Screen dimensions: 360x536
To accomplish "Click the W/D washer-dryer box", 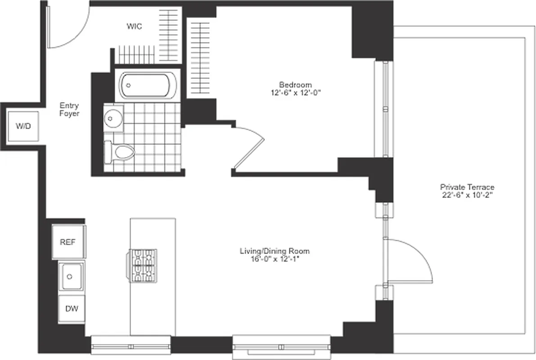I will pyautogui.click(x=23, y=126).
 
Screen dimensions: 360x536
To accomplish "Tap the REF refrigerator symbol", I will pyautogui.click(x=68, y=242).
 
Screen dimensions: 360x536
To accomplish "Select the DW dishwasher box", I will pyautogui.click(x=72, y=309).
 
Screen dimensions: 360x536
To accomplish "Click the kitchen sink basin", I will pyautogui.click(x=72, y=276).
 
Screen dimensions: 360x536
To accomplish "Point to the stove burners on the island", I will pyautogui.click(x=143, y=265).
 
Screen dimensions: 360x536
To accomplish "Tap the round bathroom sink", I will pyautogui.click(x=111, y=118).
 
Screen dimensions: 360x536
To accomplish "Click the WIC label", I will pyautogui.click(x=134, y=27).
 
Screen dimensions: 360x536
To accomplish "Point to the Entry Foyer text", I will pyautogui.click(x=69, y=110).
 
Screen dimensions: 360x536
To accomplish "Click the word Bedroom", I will pyautogui.click(x=295, y=85).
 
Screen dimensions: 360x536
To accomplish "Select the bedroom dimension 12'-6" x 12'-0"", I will pyautogui.click(x=295, y=92).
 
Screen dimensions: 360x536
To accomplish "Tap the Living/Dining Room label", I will pyautogui.click(x=275, y=251).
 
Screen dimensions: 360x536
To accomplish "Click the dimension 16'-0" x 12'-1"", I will pyautogui.click(x=275, y=259).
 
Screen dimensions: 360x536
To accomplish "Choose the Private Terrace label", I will pyautogui.click(x=461, y=187).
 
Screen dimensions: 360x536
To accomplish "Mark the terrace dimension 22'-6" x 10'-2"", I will pyautogui.click(x=461, y=195).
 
